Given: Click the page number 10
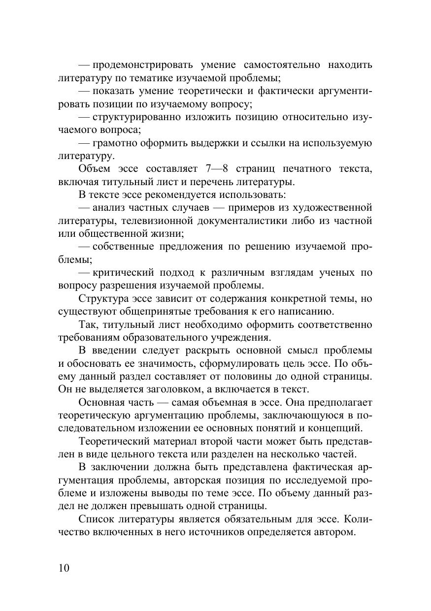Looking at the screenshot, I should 64,568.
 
